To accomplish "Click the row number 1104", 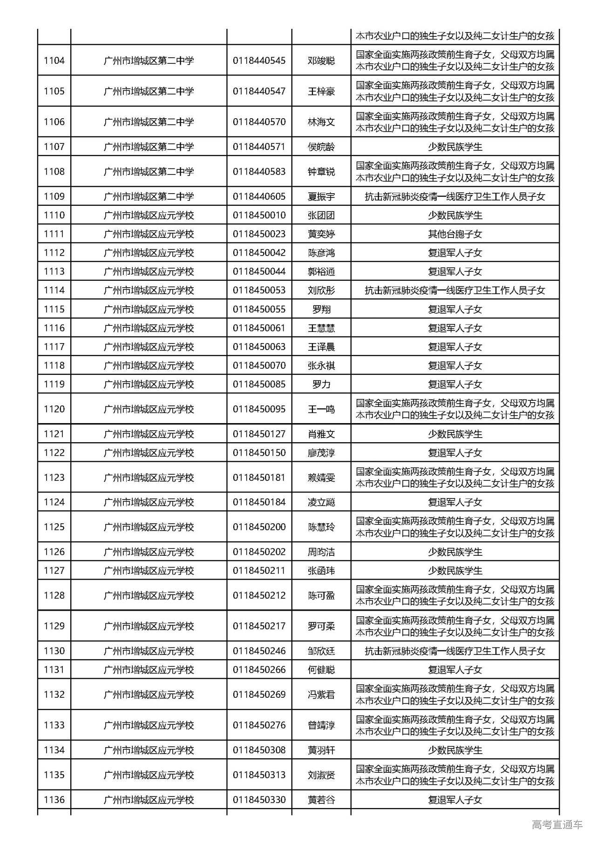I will (x=54, y=61).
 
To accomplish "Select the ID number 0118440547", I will (x=259, y=91).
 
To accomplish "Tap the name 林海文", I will (x=321, y=122).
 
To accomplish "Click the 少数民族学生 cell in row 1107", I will (x=455, y=147).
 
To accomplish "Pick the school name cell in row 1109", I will (x=149, y=196).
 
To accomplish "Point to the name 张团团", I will (x=321, y=216).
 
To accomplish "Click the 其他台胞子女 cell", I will (x=455, y=234).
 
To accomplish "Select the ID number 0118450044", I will (x=259, y=271).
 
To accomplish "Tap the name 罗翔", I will (x=321, y=309).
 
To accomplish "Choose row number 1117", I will (x=54, y=347).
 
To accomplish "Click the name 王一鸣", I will (x=321, y=409).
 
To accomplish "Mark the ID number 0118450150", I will (x=259, y=452).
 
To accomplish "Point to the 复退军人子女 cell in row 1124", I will (x=455, y=502).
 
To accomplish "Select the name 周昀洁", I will (x=321, y=552).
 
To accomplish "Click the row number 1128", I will (x=54, y=595).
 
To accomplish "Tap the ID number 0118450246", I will (x=259, y=651).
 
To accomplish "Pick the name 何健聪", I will (x=321, y=670).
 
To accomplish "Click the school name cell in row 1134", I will (x=149, y=750).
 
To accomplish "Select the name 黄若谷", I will (x=321, y=800).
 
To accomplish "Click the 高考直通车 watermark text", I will (x=557, y=824).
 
